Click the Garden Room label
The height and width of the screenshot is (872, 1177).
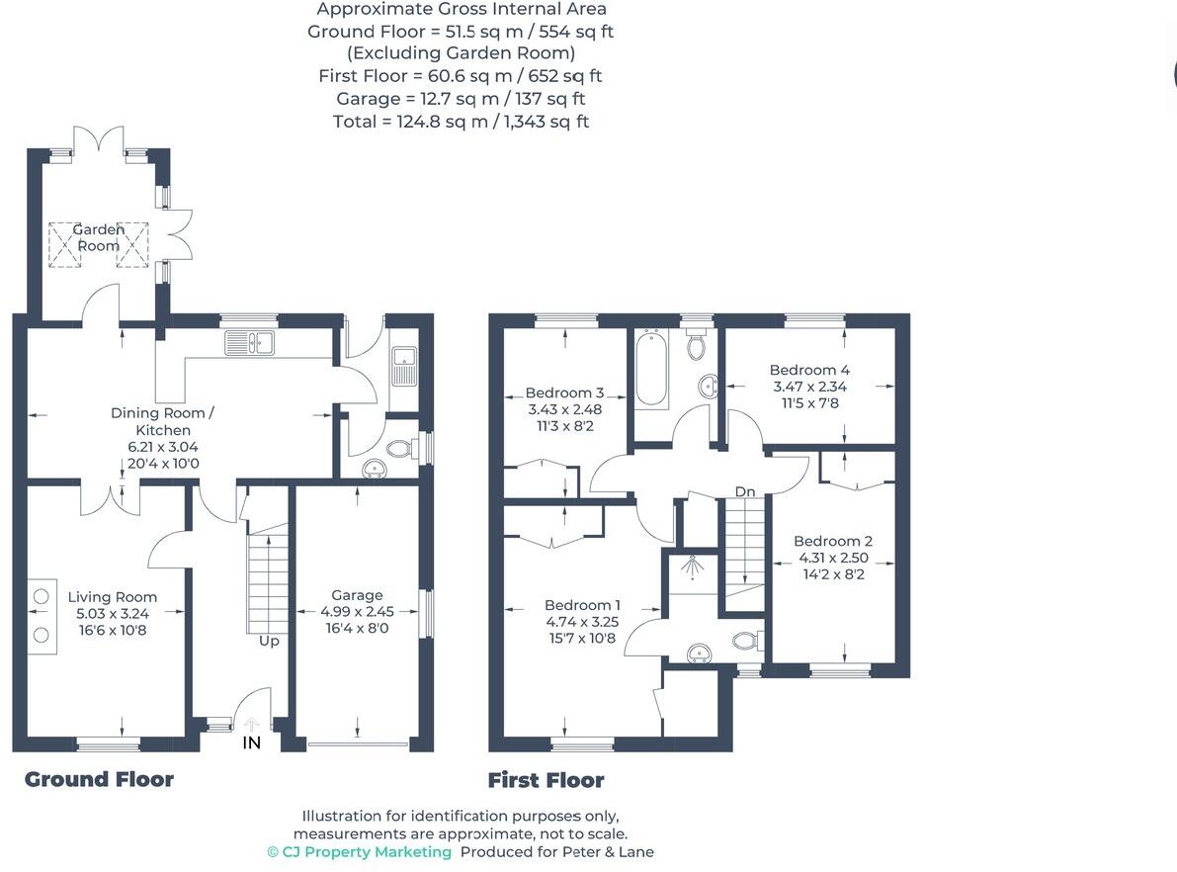(98, 237)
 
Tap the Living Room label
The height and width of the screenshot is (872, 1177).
(113, 596)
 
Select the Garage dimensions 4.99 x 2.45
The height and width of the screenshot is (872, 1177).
(357, 611)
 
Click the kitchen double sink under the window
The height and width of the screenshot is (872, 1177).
(249, 343)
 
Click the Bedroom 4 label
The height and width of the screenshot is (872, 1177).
(809, 370)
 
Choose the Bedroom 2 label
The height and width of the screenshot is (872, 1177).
(833, 541)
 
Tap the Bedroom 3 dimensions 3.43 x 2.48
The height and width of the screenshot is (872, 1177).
(564, 409)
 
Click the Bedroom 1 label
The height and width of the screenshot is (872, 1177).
(583, 605)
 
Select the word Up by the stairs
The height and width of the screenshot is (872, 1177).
(269, 641)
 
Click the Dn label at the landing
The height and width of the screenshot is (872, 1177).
(744, 491)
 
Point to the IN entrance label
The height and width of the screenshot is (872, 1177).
(252, 742)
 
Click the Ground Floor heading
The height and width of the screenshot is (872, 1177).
(99, 779)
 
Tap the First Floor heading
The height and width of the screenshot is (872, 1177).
(546, 780)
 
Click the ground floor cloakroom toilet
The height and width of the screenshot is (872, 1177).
(400, 449)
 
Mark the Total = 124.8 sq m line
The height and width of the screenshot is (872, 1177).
(461, 122)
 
